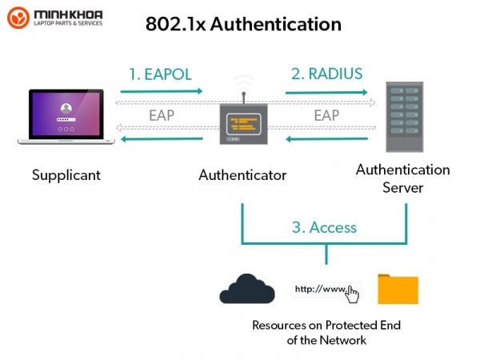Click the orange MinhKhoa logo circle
point(18,18)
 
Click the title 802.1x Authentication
point(243,24)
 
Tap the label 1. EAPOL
point(161,74)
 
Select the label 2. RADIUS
point(326,74)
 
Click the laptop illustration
point(66,117)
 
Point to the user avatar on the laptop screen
point(66,108)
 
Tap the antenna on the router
point(244,98)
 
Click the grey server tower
point(404,117)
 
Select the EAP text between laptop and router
point(162,115)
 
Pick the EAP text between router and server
point(326,115)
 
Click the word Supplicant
point(66,175)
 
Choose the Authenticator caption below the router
point(242,175)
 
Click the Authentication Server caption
point(403,178)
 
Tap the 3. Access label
point(324,227)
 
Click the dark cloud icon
point(247,289)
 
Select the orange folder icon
point(398,289)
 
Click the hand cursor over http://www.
point(352,294)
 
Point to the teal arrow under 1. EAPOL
point(162,91)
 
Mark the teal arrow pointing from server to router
point(326,139)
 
